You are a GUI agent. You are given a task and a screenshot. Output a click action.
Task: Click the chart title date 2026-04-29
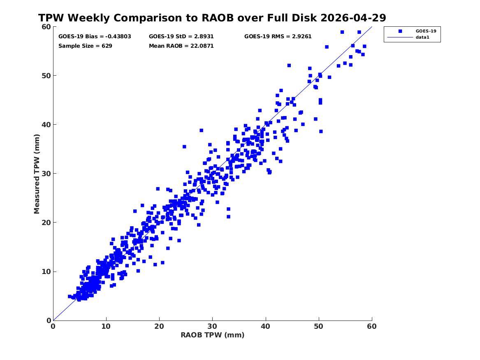[x=353, y=18]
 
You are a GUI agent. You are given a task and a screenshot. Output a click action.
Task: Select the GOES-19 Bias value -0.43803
[x=118, y=37]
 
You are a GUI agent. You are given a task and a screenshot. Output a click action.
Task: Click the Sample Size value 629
[x=107, y=46]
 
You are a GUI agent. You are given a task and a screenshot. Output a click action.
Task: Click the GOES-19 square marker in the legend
[x=400, y=31]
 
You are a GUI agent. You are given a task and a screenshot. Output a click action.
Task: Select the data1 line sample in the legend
[x=400, y=37]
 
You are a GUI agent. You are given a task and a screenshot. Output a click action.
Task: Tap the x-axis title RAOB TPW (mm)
[x=213, y=335]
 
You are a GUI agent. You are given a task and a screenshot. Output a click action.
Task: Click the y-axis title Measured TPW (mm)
[x=37, y=174]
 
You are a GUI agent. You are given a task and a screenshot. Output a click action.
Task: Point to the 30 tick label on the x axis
[x=213, y=326]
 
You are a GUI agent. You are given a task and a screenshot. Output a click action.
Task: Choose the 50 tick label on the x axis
[x=319, y=326]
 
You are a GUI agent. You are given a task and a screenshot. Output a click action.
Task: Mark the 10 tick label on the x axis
[x=106, y=326]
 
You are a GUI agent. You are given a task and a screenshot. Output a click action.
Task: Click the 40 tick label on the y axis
[x=46, y=125]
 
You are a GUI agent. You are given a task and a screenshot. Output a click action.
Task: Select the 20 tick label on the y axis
[x=46, y=223]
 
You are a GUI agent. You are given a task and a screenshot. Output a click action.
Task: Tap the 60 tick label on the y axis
[x=46, y=27]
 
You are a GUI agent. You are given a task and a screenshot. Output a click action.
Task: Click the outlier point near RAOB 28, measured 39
[x=202, y=130]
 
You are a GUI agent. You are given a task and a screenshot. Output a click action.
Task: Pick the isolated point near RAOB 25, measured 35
[x=184, y=146]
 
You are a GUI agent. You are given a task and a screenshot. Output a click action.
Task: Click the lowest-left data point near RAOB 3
[x=70, y=296]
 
